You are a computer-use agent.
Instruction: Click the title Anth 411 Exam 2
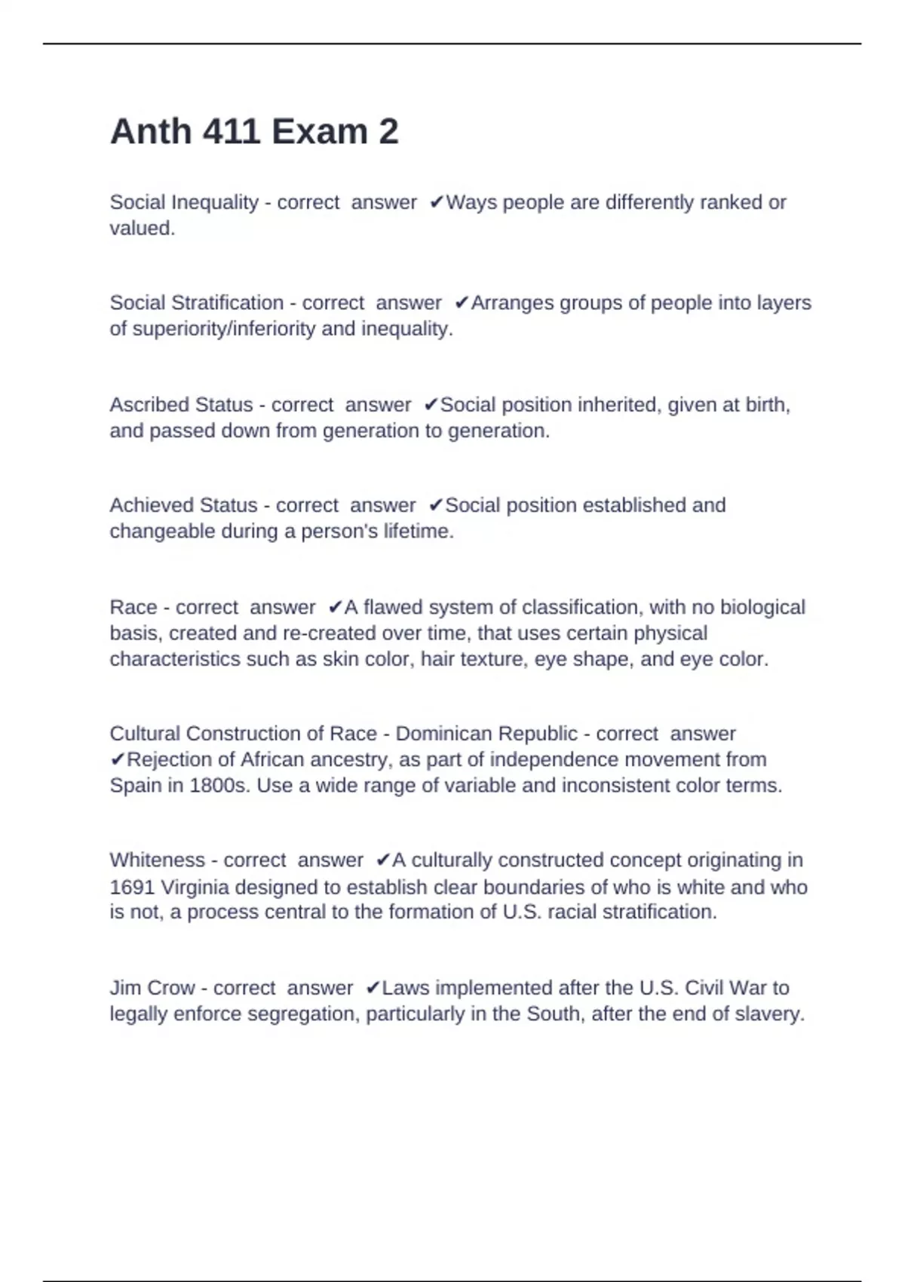[x=254, y=132]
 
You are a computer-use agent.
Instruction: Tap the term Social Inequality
[x=184, y=203]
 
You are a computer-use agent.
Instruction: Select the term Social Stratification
[x=196, y=303]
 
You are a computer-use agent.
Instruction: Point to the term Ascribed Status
[x=181, y=405]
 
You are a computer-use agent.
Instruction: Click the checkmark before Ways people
[x=437, y=203]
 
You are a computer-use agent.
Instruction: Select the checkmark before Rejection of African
[x=117, y=759]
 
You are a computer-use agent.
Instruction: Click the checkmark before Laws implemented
[x=373, y=988]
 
